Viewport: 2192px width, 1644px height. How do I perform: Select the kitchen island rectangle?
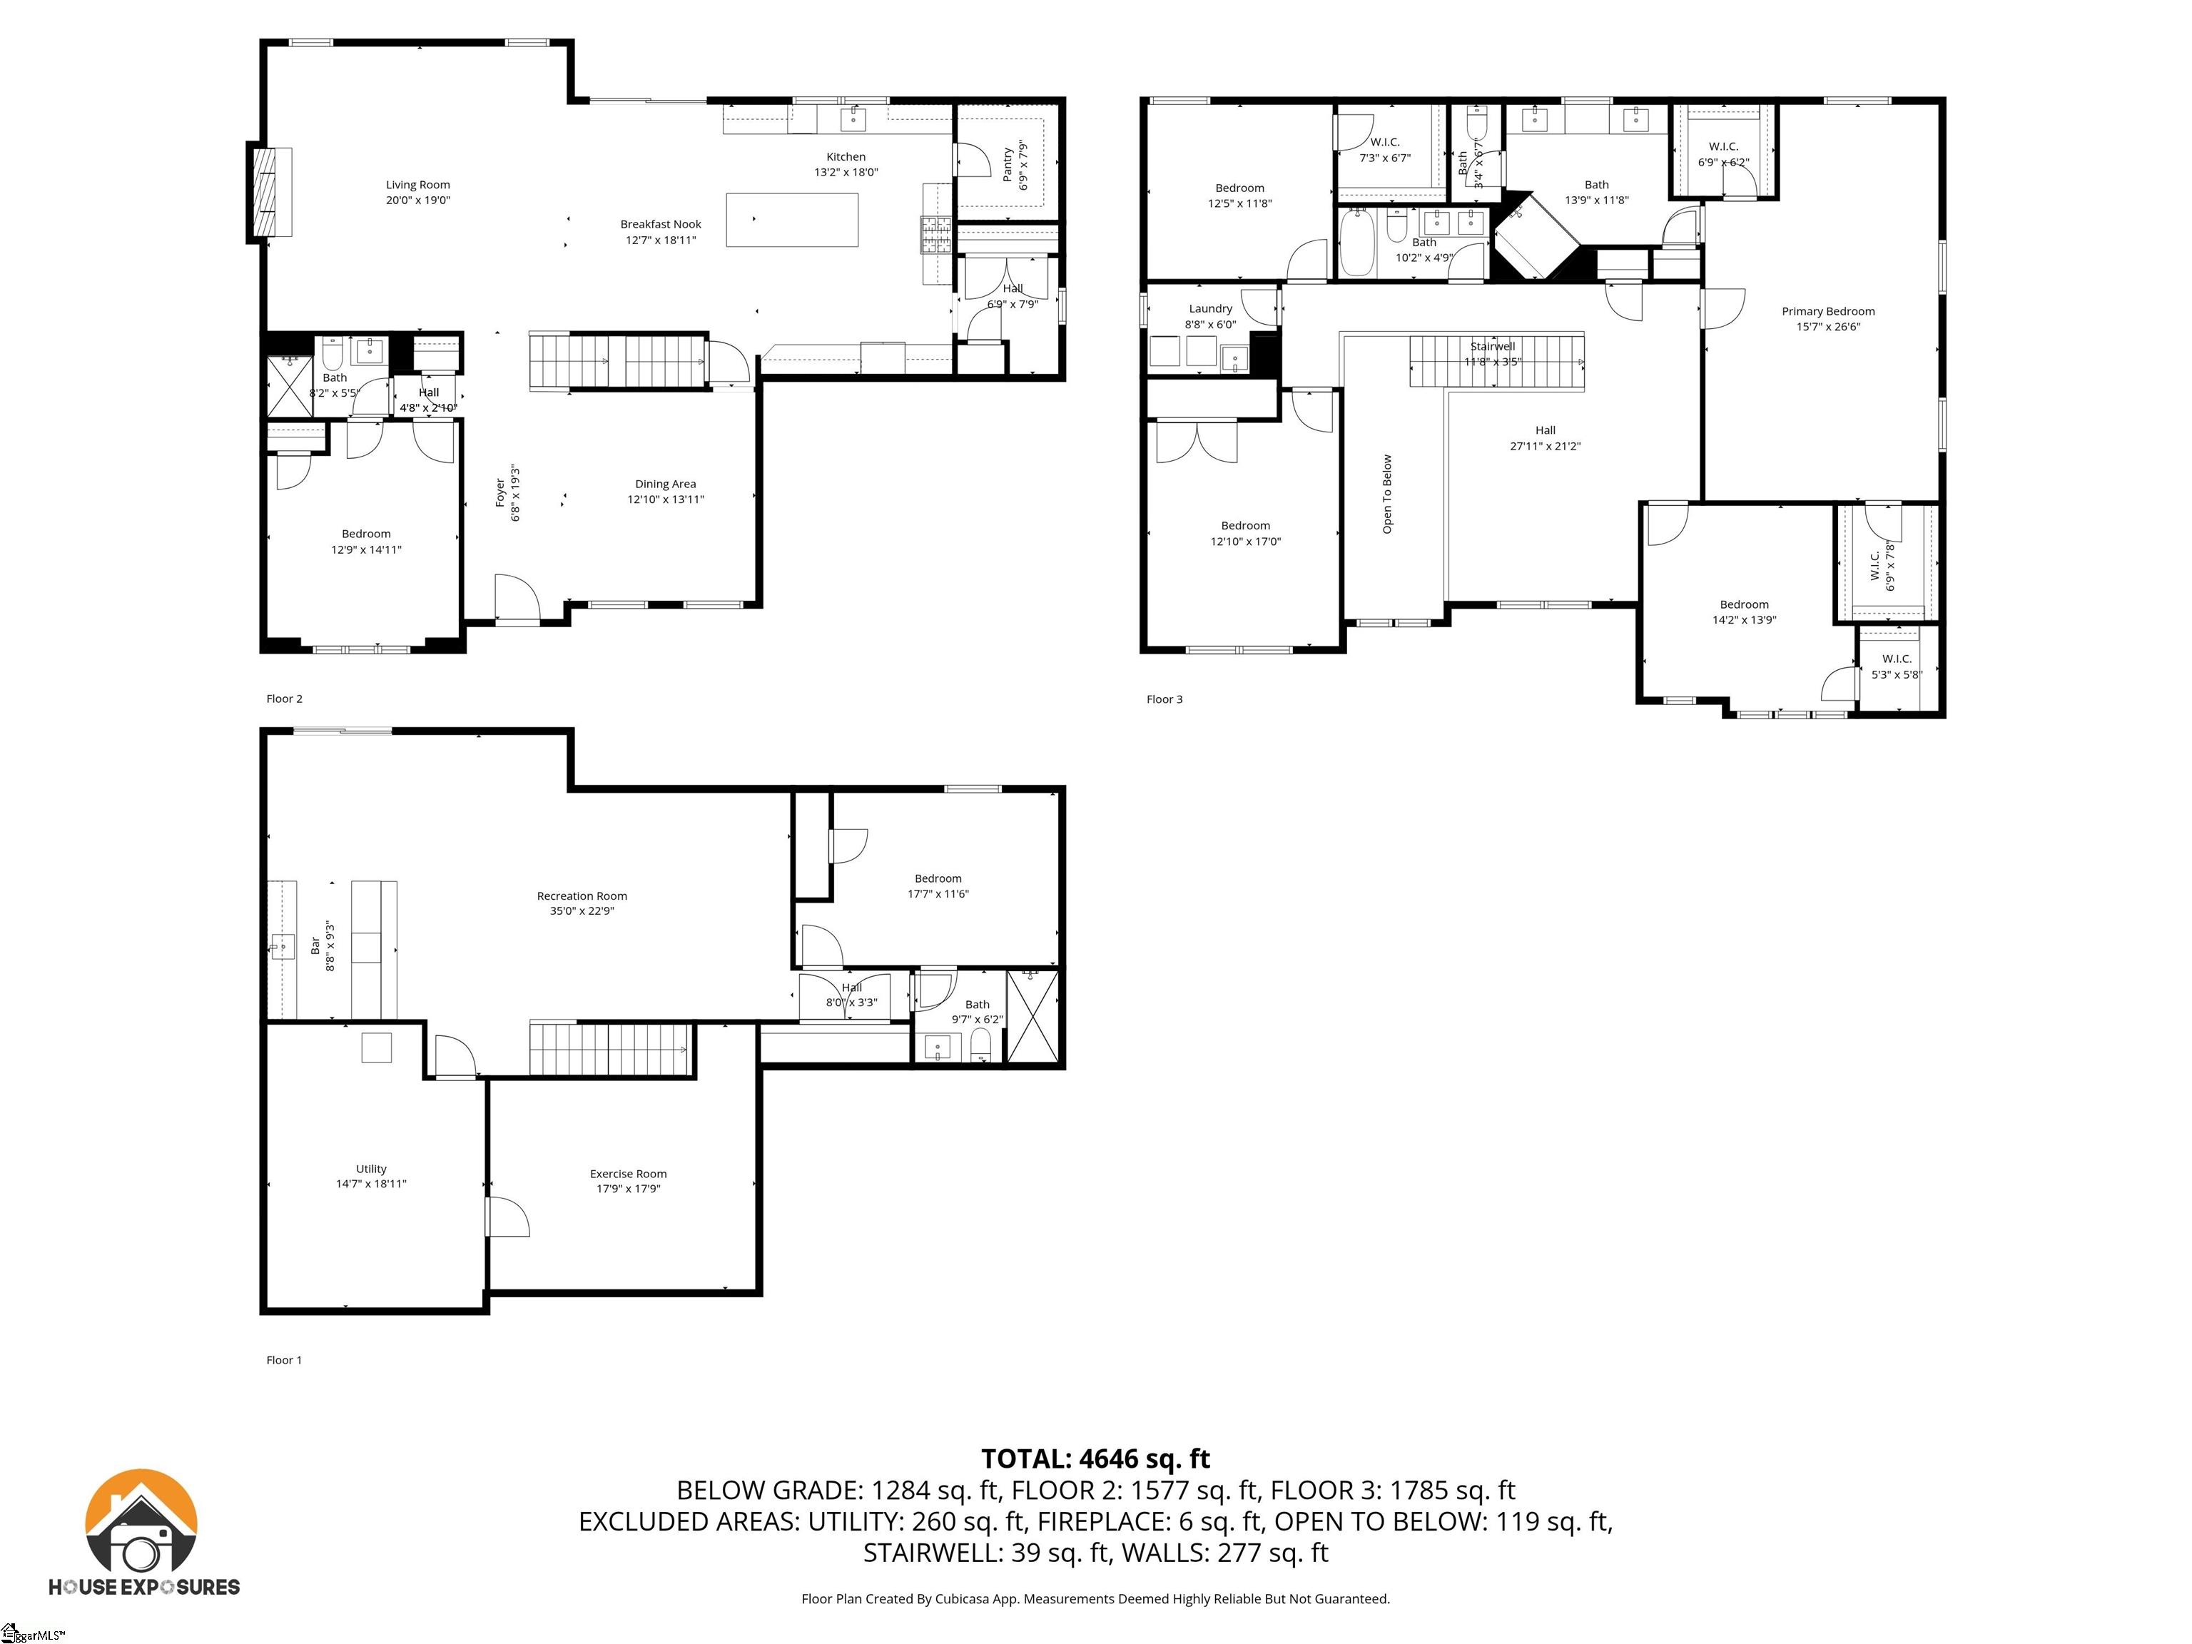792,220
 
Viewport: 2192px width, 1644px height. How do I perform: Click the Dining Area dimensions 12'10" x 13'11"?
665,499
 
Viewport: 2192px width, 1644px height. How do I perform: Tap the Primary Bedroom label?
1827,311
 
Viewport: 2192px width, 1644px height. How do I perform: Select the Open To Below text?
1386,494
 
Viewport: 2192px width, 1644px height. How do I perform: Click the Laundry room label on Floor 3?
1210,309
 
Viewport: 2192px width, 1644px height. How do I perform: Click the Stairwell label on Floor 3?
1491,347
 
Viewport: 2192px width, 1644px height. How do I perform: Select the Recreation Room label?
582,895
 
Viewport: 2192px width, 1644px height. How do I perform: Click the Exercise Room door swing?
507,1217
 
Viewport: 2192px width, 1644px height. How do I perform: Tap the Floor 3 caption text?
1164,699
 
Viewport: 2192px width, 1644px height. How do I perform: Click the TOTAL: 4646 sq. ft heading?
1095,1458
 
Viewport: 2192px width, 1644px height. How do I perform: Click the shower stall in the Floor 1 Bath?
1032,1018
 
